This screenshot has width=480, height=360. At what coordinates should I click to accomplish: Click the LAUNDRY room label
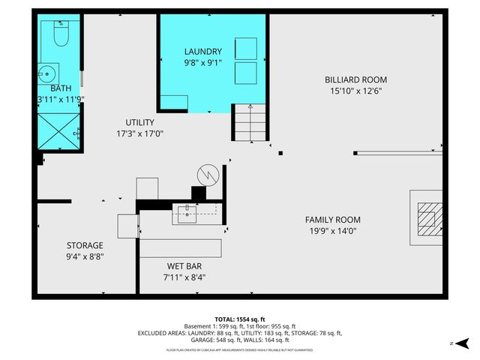(203, 52)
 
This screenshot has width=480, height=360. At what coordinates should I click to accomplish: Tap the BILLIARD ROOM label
(355, 79)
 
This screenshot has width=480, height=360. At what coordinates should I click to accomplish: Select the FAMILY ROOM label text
(332, 220)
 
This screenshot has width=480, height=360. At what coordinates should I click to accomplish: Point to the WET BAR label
(184, 265)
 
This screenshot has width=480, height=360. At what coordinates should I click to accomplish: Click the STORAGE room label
(85, 245)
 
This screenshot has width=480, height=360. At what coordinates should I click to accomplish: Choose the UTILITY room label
(139, 122)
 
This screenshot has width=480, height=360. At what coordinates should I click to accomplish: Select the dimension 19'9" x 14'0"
(332, 231)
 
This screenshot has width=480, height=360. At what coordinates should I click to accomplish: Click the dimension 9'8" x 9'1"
(203, 63)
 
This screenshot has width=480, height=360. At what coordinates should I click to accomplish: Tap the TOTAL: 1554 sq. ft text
(239, 318)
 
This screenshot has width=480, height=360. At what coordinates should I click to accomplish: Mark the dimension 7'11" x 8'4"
(184, 277)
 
